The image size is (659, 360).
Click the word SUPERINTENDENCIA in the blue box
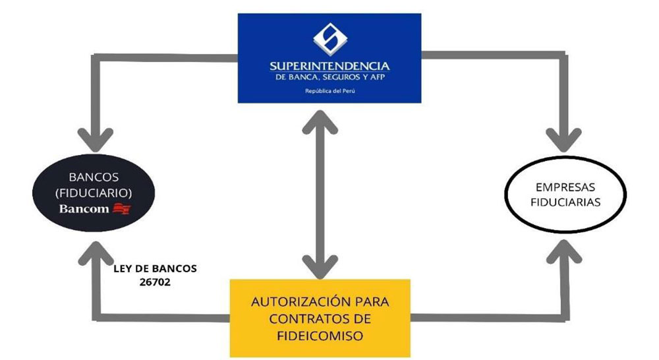(329, 66)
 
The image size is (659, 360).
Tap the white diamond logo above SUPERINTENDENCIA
(329, 38)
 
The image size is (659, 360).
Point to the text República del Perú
(329, 90)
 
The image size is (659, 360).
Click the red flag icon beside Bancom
(122, 210)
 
